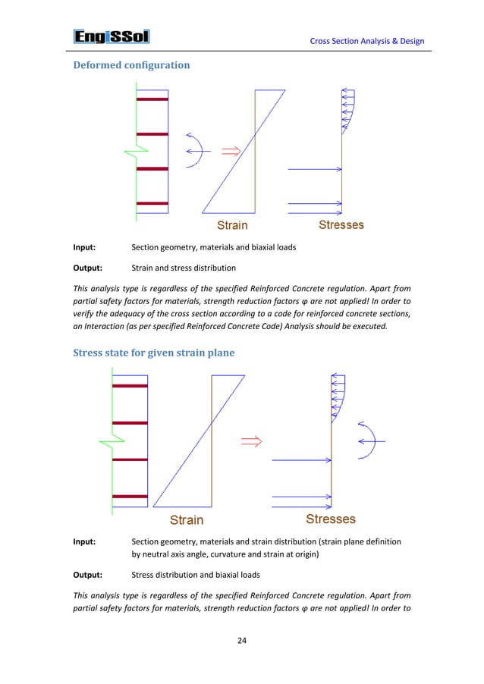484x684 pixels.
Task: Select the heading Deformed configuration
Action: point(130,66)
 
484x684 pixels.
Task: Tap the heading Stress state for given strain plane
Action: point(165,353)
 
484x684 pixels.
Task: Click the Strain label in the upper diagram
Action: point(235,225)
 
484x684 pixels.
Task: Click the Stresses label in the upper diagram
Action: point(341,224)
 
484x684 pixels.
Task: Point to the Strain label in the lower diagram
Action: point(186,519)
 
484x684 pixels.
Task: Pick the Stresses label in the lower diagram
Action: point(331,519)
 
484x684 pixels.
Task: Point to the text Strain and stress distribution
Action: point(183,267)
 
